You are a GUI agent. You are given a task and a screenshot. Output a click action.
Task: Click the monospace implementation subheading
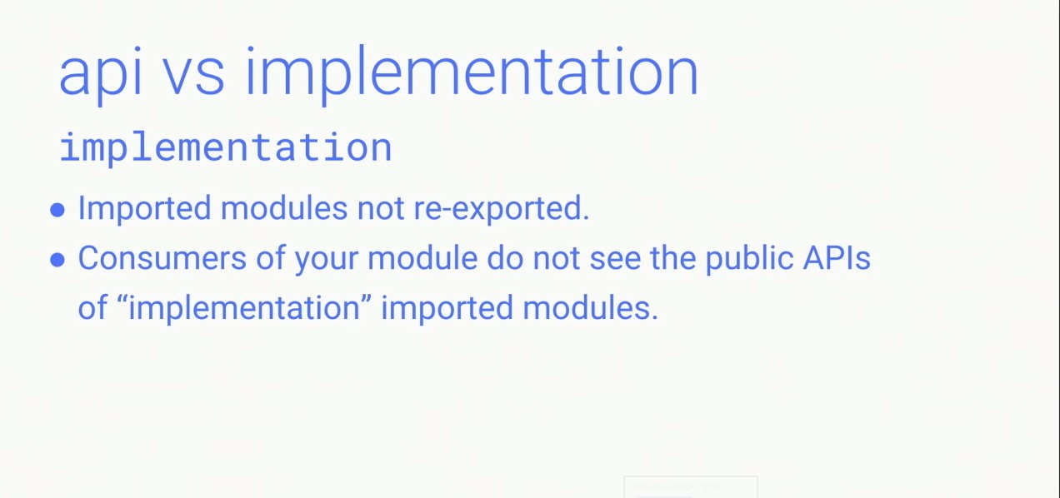point(225,148)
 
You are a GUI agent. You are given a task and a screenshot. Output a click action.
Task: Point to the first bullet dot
point(57,210)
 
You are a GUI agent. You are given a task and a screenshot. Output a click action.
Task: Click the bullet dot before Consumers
point(57,260)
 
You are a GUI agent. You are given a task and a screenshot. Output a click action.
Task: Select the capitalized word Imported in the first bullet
point(143,208)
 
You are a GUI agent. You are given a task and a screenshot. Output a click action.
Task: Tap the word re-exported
point(501,208)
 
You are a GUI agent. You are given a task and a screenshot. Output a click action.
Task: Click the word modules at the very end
point(590,308)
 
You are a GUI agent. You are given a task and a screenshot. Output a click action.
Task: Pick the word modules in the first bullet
point(284,208)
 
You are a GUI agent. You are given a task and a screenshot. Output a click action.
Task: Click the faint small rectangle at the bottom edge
point(690,487)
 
